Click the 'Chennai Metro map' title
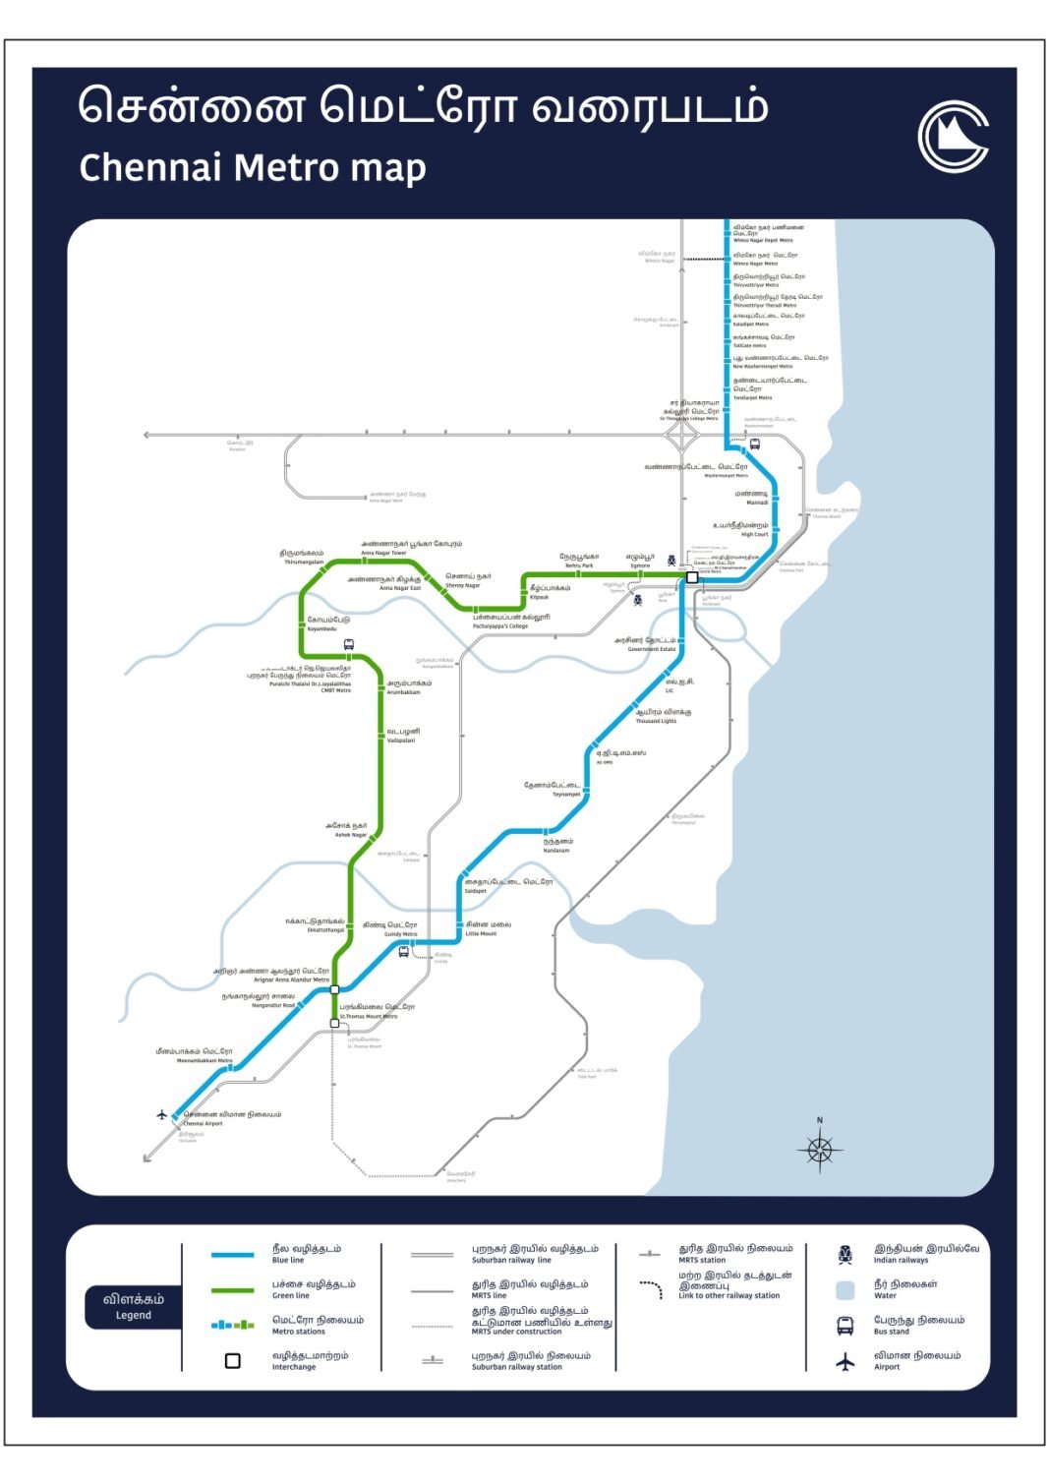253,168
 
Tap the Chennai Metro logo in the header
953,137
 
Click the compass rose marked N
820,1148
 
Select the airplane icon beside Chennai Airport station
162,1114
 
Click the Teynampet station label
553,789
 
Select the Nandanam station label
557,845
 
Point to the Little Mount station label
488,928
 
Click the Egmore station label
640,561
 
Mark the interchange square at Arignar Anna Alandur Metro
334,989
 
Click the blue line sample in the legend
233,1255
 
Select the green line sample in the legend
233,1290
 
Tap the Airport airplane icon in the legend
845,1362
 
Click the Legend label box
134,1306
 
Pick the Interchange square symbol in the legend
233,1361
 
